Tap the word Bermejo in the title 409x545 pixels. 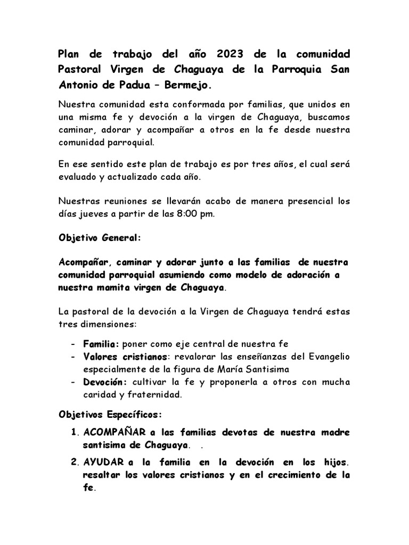pos(186,85)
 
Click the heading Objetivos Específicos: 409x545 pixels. pos(109,414)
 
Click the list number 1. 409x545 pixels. pos(74,432)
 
